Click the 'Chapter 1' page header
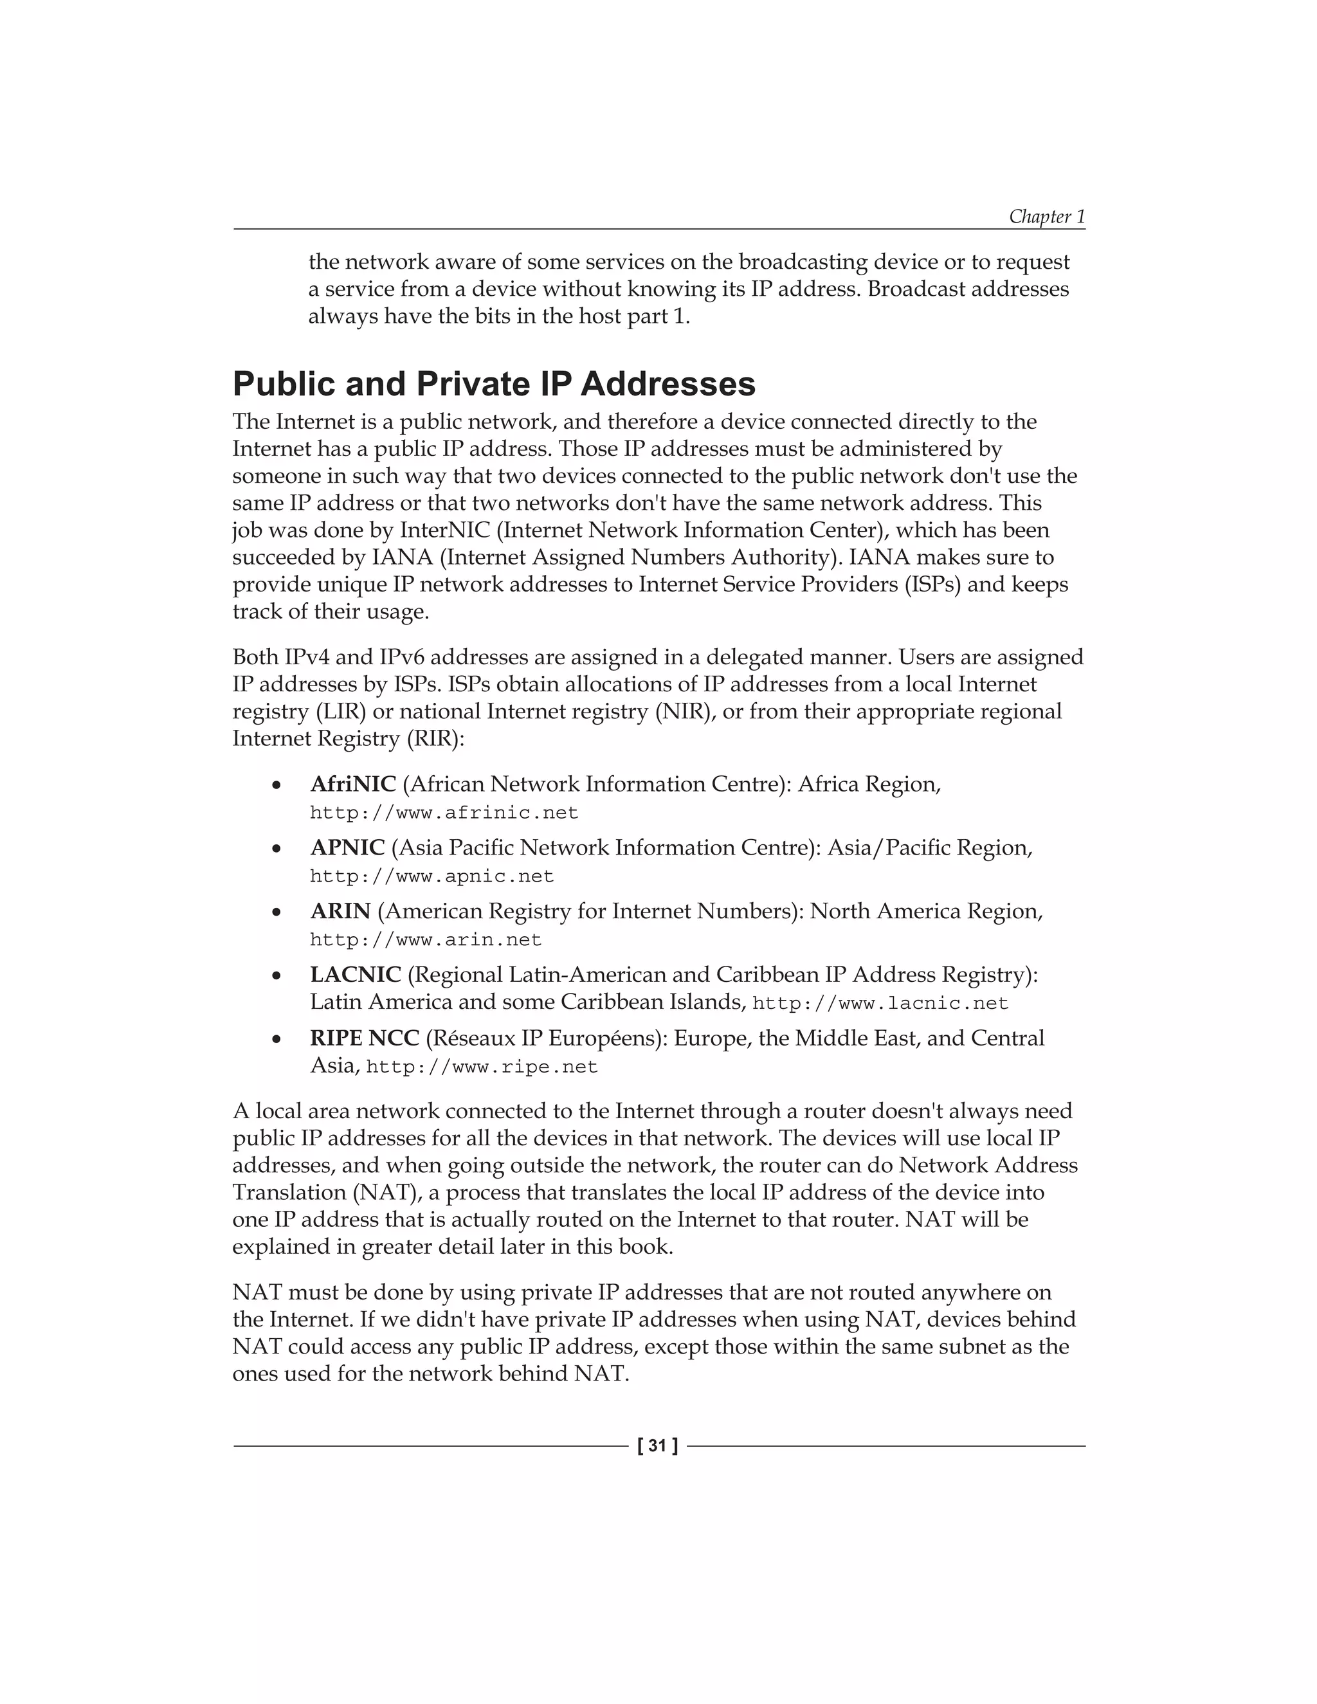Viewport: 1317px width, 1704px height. (1046, 216)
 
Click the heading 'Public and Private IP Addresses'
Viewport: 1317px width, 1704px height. (494, 385)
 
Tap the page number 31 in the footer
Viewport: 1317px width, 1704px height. (658, 1446)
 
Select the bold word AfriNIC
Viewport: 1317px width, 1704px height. (352, 783)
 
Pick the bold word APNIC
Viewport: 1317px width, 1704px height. (347, 847)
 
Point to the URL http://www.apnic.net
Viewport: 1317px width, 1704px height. (431, 876)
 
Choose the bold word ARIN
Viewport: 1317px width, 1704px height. (340, 911)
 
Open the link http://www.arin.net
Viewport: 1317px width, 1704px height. (425, 939)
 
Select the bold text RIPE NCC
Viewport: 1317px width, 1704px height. (365, 1038)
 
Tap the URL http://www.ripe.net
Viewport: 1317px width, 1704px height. (482, 1067)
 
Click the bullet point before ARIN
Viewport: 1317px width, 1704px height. (275, 912)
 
